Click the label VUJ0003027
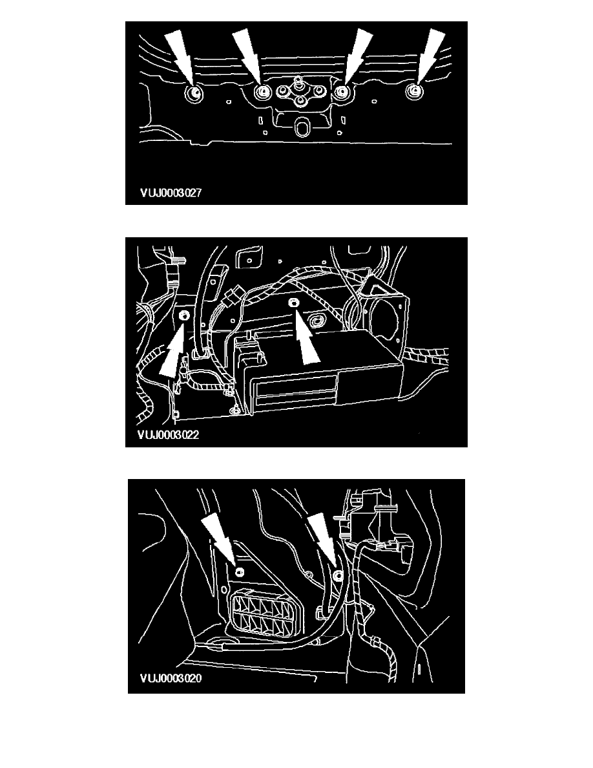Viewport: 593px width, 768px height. click(x=171, y=193)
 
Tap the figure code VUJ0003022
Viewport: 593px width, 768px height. click(x=169, y=435)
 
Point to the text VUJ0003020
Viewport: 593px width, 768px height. click(x=171, y=678)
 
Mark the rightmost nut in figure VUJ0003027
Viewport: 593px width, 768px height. click(x=414, y=92)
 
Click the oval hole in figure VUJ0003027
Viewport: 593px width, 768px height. click(x=302, y=129)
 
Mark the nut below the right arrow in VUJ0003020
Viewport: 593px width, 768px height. click(x=337, y=575)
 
